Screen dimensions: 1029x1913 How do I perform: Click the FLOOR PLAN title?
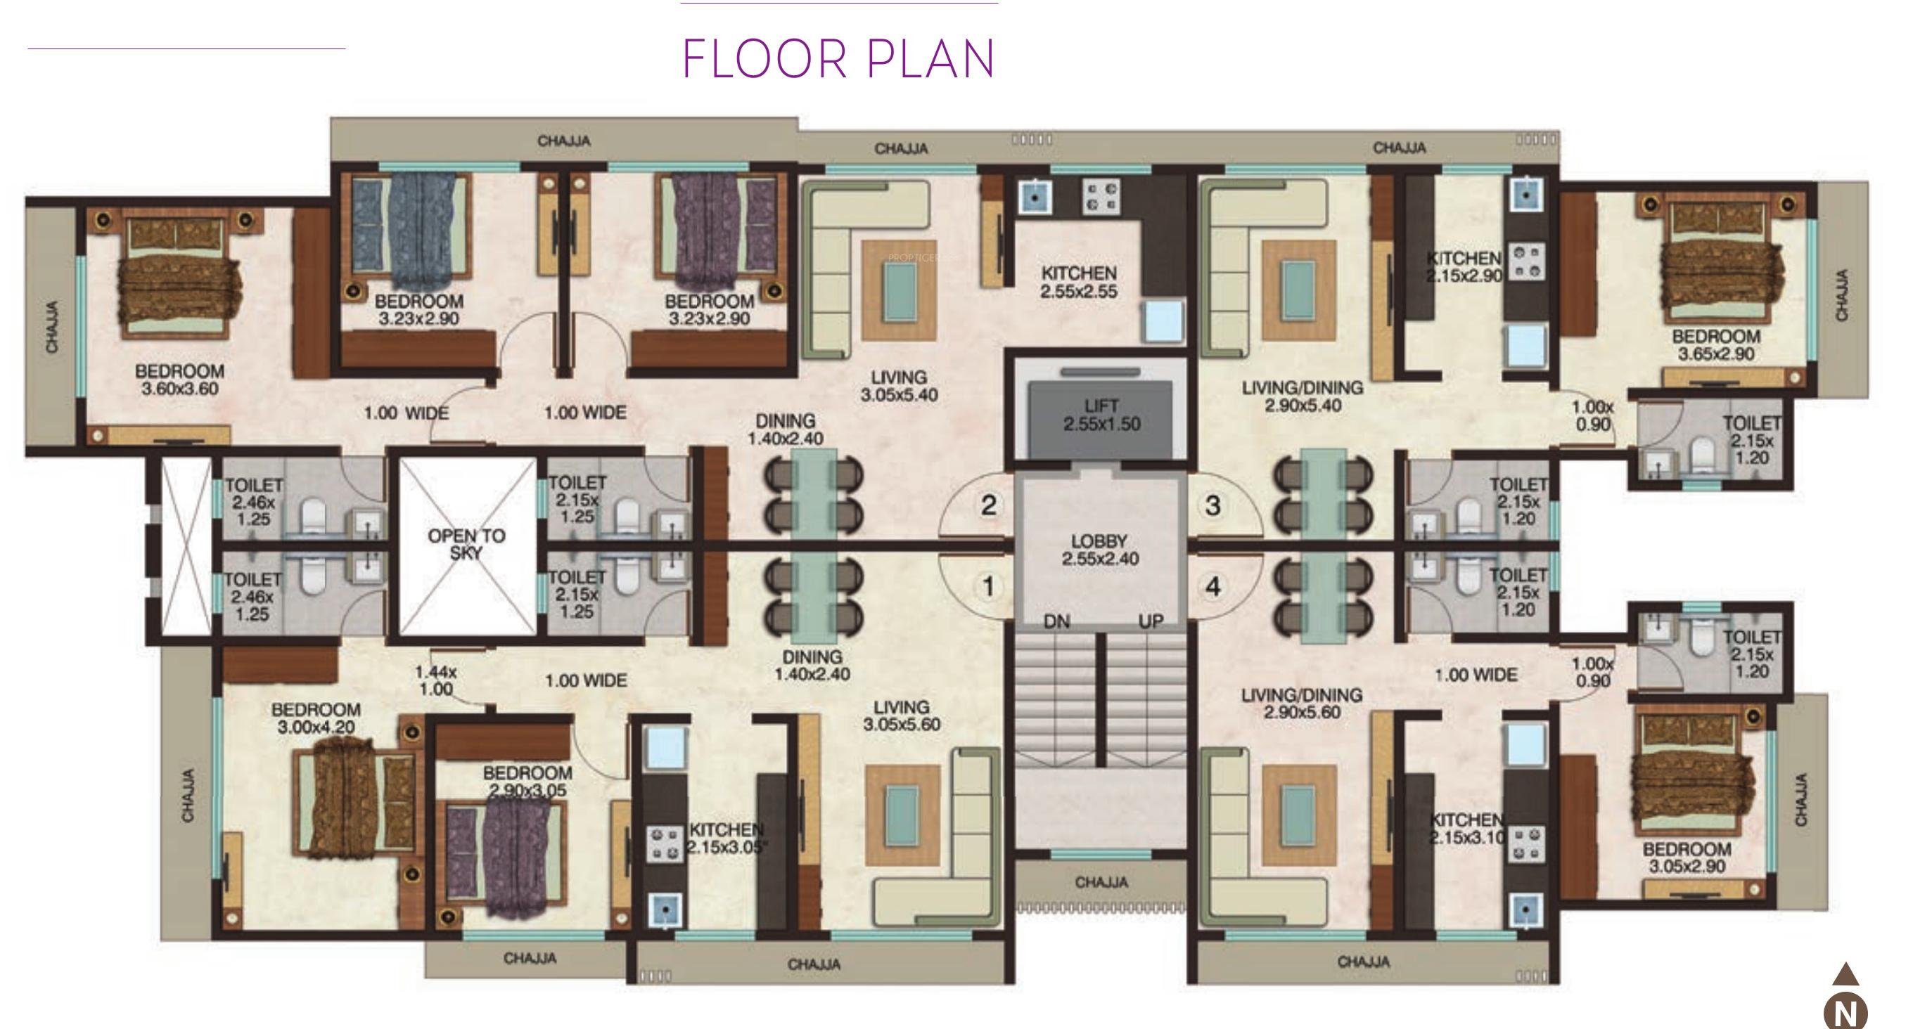click(x=838, y=60)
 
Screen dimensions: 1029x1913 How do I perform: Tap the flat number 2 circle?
click(x=988, y=505)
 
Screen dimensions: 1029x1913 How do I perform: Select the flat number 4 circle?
click(x=1213, y=586)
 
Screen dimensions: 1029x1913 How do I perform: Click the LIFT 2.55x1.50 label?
click(x=1101, y=415)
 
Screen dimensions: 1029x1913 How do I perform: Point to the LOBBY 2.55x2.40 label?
click(x=1099, y=550)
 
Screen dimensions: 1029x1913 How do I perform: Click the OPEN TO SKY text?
click(x=466, y=544)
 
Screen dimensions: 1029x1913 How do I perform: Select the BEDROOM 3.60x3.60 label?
click(x=180, y=380)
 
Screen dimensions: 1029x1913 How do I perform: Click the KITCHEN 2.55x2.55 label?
click(x=1078, y=282)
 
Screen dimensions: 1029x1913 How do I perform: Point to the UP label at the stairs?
click(x=1151, y=621)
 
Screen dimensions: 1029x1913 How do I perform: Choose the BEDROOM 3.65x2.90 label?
click(x=1715, y=345)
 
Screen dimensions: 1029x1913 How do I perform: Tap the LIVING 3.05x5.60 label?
click(x=901, y=716)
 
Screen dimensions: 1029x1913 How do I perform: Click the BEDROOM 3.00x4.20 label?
click(x=316, y=718)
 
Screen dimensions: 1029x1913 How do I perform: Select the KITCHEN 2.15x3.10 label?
click(x=1466, y=829)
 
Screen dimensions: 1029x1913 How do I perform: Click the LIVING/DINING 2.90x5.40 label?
click(x=1303, y=396)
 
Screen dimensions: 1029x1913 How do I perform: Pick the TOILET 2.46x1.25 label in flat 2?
click(x=253, y=502)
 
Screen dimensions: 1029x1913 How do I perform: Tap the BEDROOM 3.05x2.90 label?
click(x=1687, y=857)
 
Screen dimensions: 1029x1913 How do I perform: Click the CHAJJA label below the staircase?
click(x=1101, y=882)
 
